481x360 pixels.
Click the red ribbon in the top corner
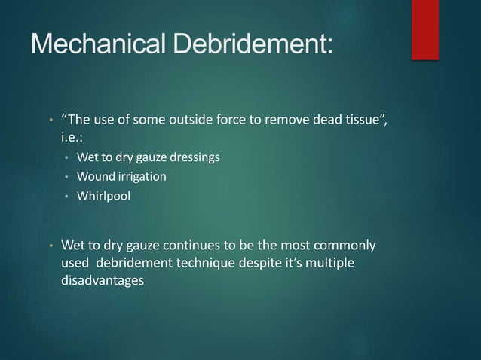(x=425, y=28)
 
